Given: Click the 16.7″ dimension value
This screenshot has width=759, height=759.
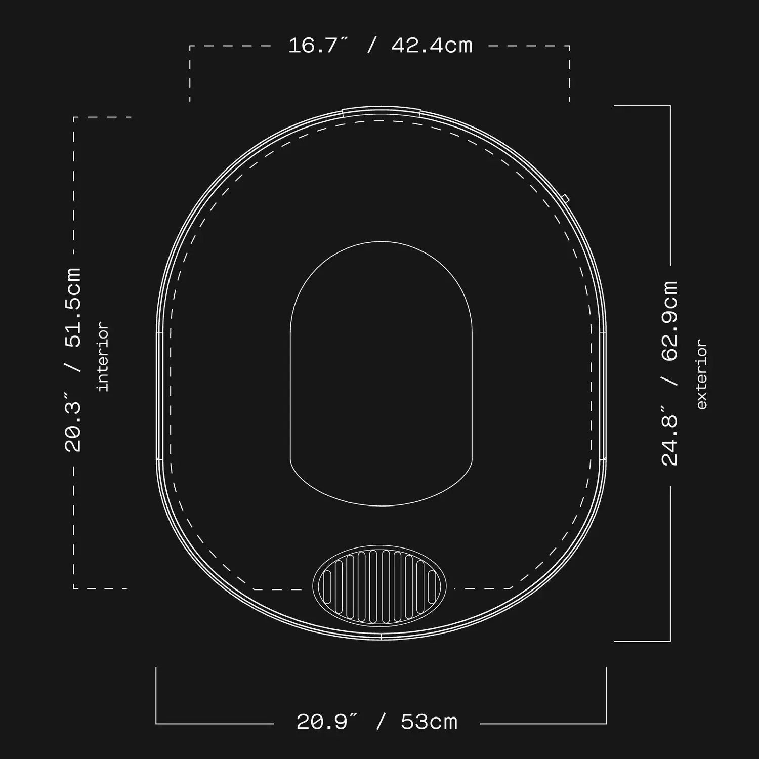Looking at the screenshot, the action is tap(318, 46).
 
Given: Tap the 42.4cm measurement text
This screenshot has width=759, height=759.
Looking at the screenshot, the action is tap(432, 46).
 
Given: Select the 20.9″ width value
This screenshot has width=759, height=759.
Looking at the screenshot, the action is tap(326, 722).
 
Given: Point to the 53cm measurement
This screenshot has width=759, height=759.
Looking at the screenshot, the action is tap(429, 722).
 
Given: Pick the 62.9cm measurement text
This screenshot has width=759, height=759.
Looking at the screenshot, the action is tap(669, 321).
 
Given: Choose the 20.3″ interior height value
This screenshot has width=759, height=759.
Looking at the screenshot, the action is tap(73, 421).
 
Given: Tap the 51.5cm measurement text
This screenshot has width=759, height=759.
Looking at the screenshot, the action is tap(73, 308).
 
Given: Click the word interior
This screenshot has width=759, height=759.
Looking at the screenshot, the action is tap(103, 357).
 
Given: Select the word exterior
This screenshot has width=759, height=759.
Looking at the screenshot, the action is tap(701, 374).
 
